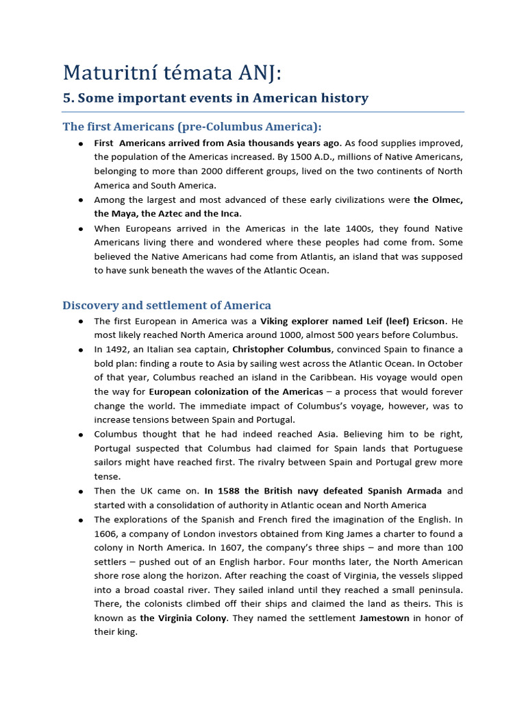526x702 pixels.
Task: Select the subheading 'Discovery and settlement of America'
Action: coord(166,305)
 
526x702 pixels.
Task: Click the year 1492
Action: coord(118,349)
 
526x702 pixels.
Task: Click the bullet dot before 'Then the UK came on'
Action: coord(81,492)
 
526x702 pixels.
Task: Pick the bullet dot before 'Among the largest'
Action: coord(81,200)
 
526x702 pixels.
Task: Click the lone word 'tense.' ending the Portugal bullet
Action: coord(108,476)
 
